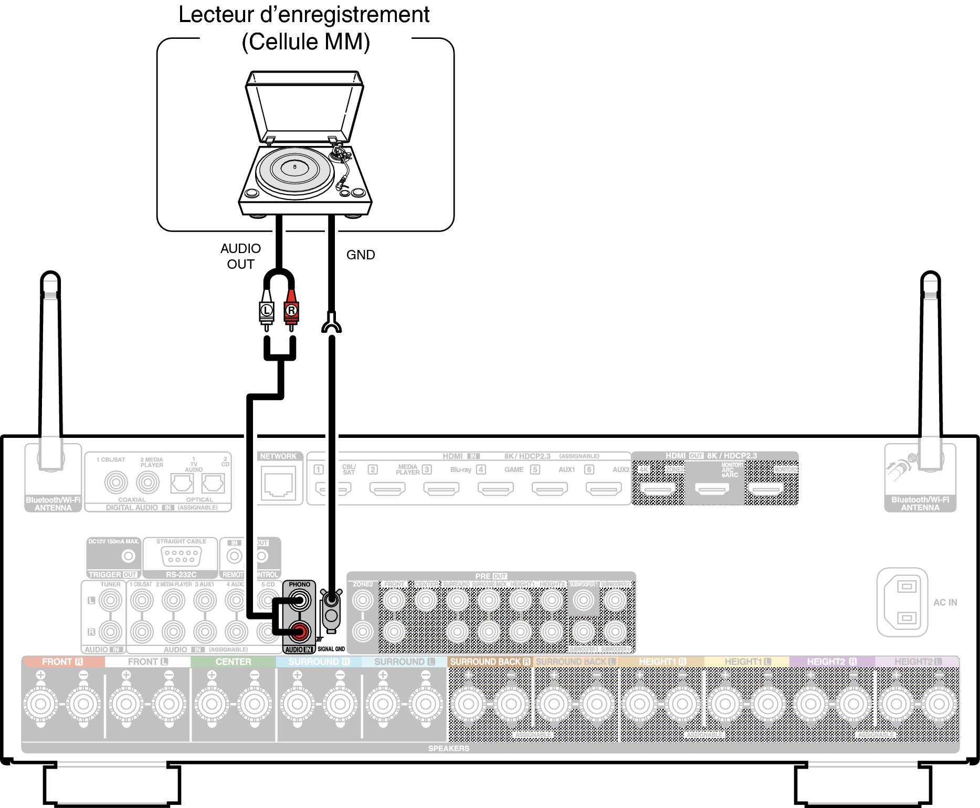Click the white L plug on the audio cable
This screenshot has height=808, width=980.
point(267,311)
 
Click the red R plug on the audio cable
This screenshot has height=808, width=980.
point(291,311)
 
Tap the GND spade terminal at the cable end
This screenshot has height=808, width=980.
point(331,323)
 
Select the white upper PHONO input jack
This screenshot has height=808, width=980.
point(299,600)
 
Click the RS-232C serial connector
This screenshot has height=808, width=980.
point(181,556)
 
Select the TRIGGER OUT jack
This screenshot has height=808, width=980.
point(128,556)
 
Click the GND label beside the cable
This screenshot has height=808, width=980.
point(361,255)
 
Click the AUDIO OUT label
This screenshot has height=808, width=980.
point(240,256)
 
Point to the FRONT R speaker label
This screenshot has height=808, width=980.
point(62,662)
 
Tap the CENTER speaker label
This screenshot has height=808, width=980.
point(233,662)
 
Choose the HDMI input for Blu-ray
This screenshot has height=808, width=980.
point(441,489)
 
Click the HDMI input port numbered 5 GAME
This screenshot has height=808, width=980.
point(496,489)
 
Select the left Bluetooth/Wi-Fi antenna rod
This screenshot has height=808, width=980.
point(51,368)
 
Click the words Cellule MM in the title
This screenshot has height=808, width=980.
point(305,42)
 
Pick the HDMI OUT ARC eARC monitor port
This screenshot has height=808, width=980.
point(712,489)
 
